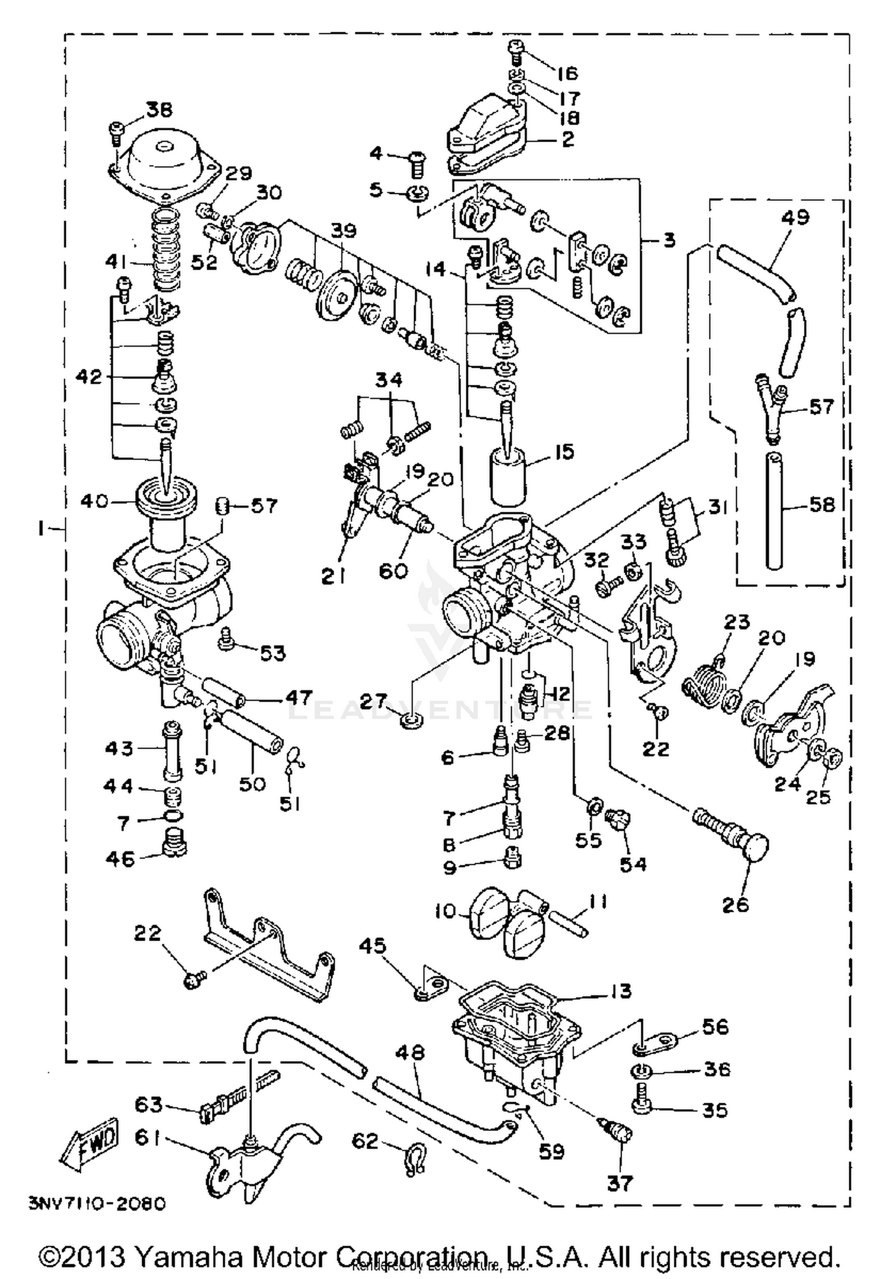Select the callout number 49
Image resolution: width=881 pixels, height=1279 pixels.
pyautogui.click(x=795, y=217)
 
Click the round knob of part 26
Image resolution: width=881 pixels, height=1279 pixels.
pyautogui.click(x=754, y=848)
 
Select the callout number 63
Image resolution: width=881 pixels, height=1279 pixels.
pyautogui.click(x=148, y=1104)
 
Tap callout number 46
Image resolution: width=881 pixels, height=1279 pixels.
pyautogui.click(x=120, y=859)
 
